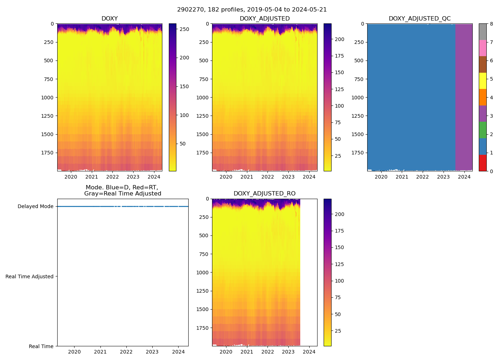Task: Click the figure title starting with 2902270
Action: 252,10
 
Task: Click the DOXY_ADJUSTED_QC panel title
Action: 419,19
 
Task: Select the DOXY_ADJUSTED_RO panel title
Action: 265,194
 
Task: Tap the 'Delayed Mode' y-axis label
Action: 35,207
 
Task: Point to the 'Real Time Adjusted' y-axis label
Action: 30,276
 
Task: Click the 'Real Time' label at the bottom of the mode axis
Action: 41,346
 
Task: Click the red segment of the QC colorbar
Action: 482,163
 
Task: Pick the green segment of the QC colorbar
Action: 482,130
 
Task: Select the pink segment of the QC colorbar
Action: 482,48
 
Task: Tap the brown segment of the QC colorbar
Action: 482,64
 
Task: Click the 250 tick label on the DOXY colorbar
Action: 184,29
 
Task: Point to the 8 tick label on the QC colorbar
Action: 491,24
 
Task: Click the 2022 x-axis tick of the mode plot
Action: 126,352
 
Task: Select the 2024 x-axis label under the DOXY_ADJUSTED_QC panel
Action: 464,177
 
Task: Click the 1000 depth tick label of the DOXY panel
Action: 47,98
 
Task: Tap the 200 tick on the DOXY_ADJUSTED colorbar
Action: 339,39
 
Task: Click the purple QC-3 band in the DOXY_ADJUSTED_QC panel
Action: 464,97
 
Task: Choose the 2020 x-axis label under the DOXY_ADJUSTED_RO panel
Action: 226,352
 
